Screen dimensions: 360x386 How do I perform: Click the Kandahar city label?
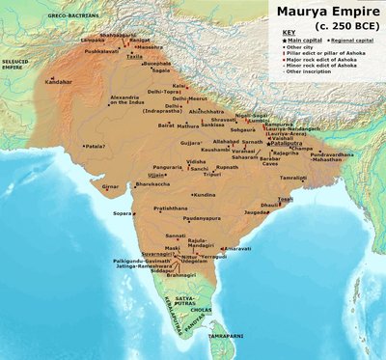click(56, 83)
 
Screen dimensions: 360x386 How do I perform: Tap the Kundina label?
click(204, 196)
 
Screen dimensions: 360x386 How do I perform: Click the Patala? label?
click(96, 146)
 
